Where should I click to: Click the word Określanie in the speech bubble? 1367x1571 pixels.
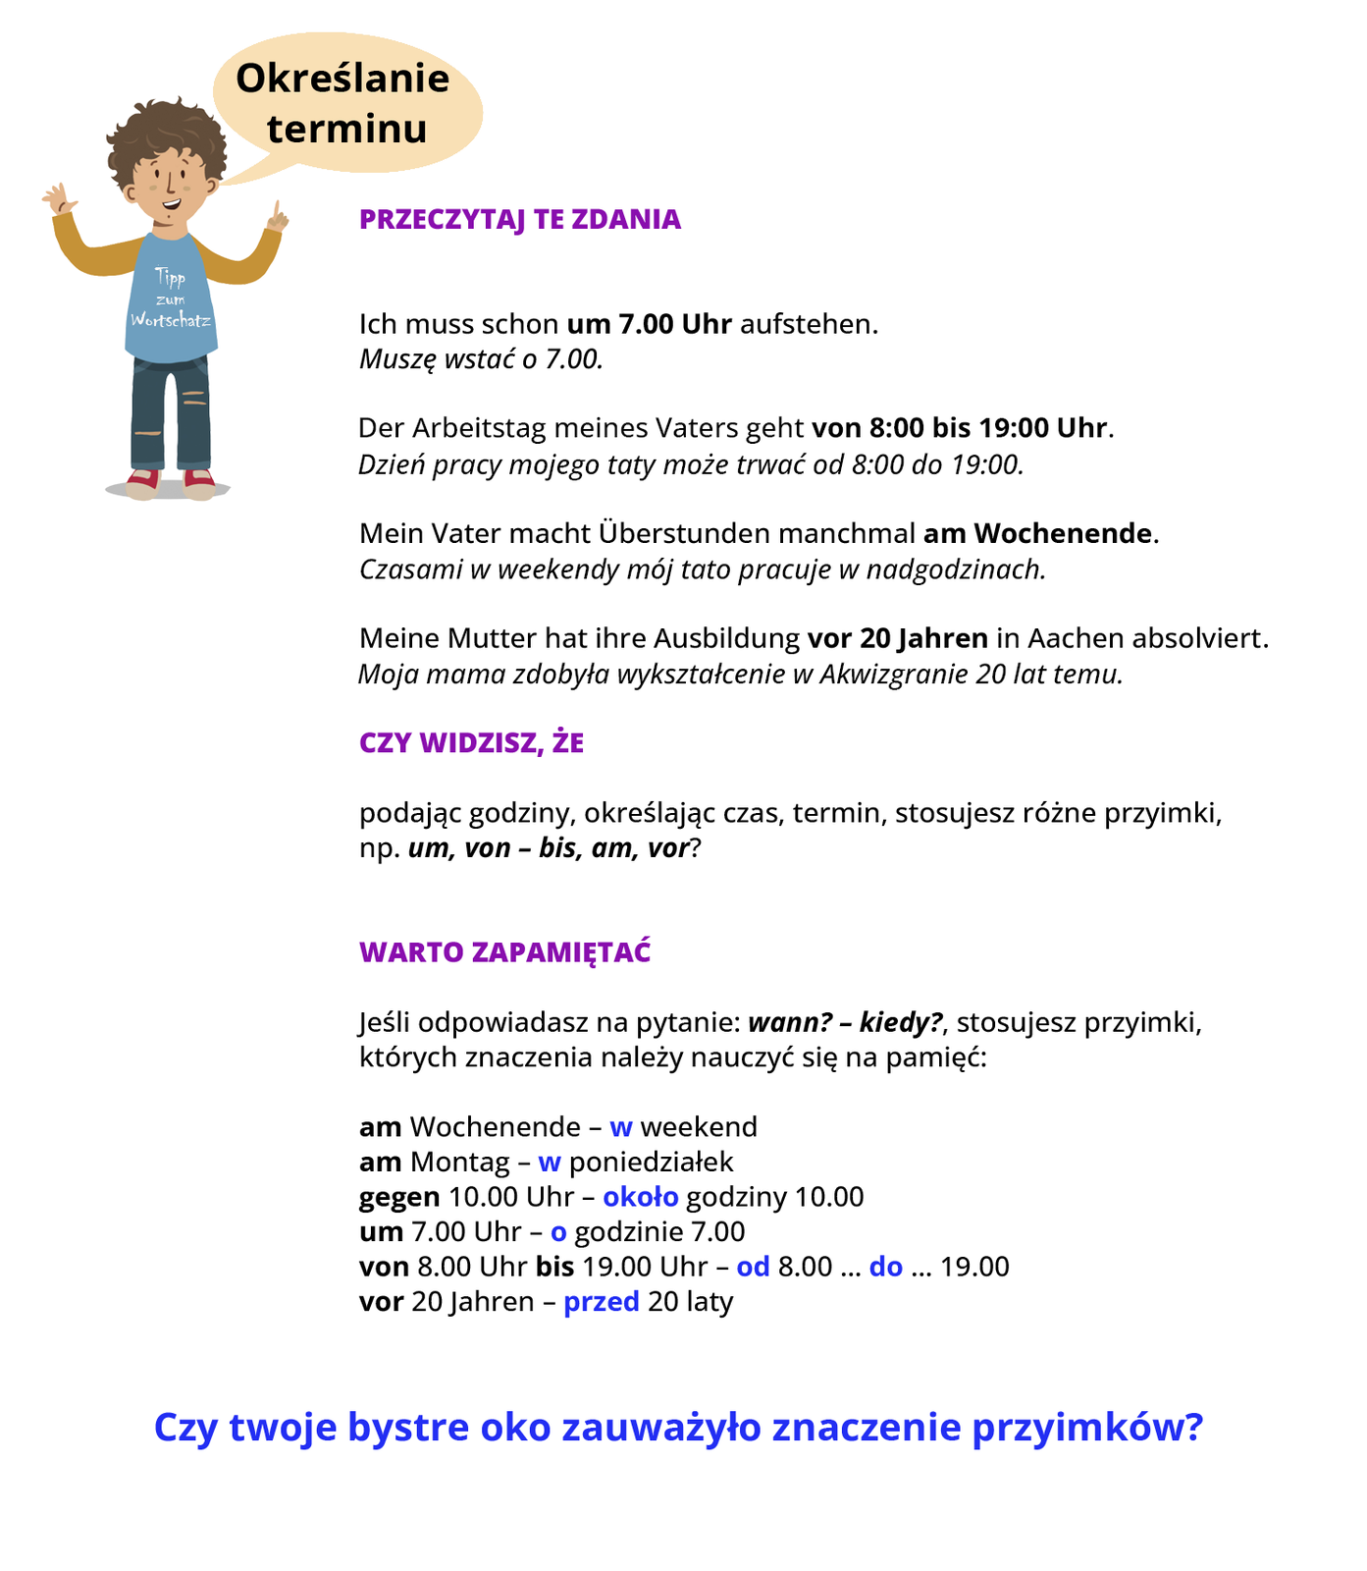[342, 79]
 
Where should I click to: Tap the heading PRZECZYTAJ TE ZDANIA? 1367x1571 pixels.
[520, 219]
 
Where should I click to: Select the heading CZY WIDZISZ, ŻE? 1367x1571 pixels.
[471, 743]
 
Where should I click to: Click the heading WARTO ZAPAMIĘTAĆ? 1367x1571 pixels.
[505, 952]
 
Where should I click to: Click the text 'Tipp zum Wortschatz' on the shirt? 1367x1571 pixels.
[171, 299]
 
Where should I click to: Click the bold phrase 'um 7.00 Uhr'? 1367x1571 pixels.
[650, 324]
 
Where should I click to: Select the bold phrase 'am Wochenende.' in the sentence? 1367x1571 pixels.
[1041, 533]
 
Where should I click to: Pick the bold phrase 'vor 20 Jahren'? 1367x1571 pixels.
[898, 638]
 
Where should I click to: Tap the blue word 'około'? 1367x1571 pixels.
[641, 1197]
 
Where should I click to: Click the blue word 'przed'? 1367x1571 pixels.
[602, 1302]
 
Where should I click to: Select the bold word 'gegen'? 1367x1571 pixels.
[399, 1197]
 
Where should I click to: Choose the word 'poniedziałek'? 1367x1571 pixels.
[652, 1163]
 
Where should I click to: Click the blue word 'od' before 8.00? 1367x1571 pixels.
[753, 1267]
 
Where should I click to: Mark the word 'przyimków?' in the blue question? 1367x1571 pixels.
[1087, 1428]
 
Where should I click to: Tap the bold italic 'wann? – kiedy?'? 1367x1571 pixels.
[846, 1023]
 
